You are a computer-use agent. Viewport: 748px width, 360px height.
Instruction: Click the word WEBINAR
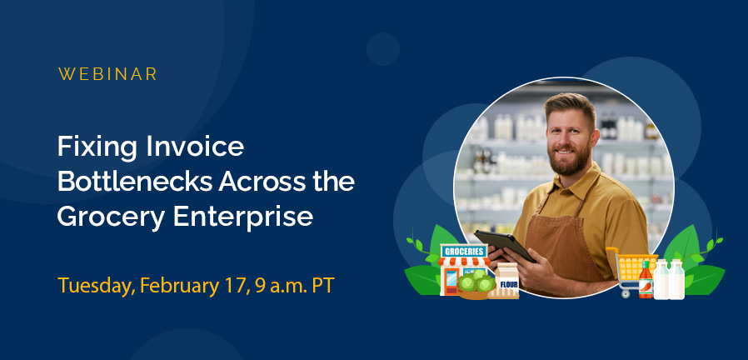pyautogui.click(x=107, y=74)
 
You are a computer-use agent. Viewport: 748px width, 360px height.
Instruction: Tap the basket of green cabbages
pyautogui.click(x=476, y=284)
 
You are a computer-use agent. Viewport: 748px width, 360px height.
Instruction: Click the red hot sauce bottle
pyautogui.click(x=646, y=280)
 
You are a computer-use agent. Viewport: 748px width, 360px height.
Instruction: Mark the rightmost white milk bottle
pyautogui.click(x=676, y=280)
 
